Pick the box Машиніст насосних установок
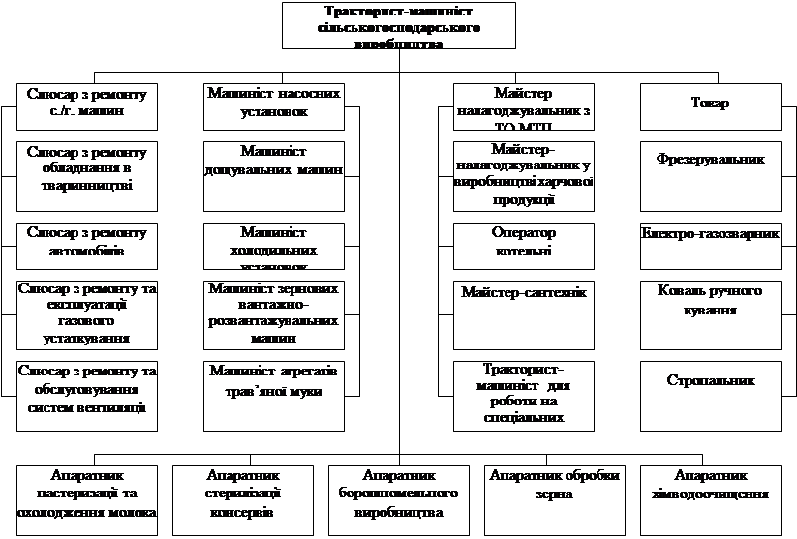click(275, 106)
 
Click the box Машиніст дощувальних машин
click(275, 176)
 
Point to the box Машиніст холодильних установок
click(275, 246)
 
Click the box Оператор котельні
click(524, 246)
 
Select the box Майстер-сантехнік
click(524, 314)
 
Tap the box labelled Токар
click(710, 106)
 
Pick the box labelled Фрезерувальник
click(710, 176)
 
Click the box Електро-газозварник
click(710, 246)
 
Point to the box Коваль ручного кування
click(710, 314)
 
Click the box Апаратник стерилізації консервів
click(243, 499)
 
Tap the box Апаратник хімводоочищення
click(710, 499)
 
